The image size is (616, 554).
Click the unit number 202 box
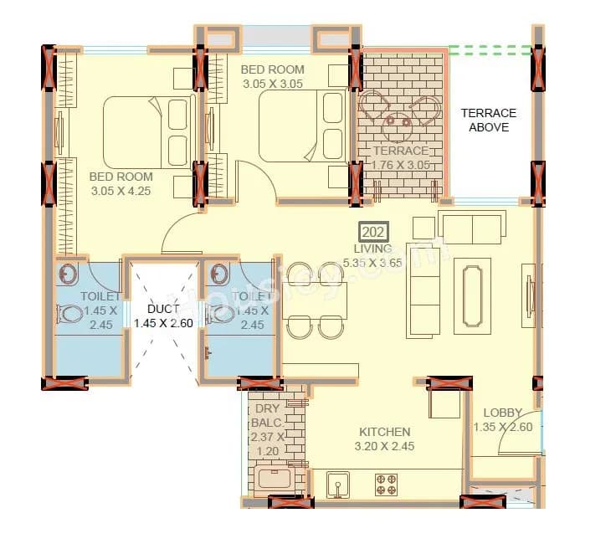point(372,232)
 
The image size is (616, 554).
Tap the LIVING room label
point(372,249)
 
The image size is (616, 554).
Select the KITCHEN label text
point(384,432)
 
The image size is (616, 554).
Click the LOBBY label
point(502,413)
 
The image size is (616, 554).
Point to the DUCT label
point(162,310)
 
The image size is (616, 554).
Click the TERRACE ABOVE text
point(489,120)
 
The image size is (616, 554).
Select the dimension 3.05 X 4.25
point(121,190)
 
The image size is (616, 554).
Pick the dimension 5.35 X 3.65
point(372,263)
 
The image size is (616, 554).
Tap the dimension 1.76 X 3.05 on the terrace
point(401,165)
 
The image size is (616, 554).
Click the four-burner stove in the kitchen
point(386,484)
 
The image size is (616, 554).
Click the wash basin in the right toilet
point(220,274)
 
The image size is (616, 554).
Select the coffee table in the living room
point(473,295)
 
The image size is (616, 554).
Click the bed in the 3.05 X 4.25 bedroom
point(149,131)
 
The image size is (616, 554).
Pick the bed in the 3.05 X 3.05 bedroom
point(302,126)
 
